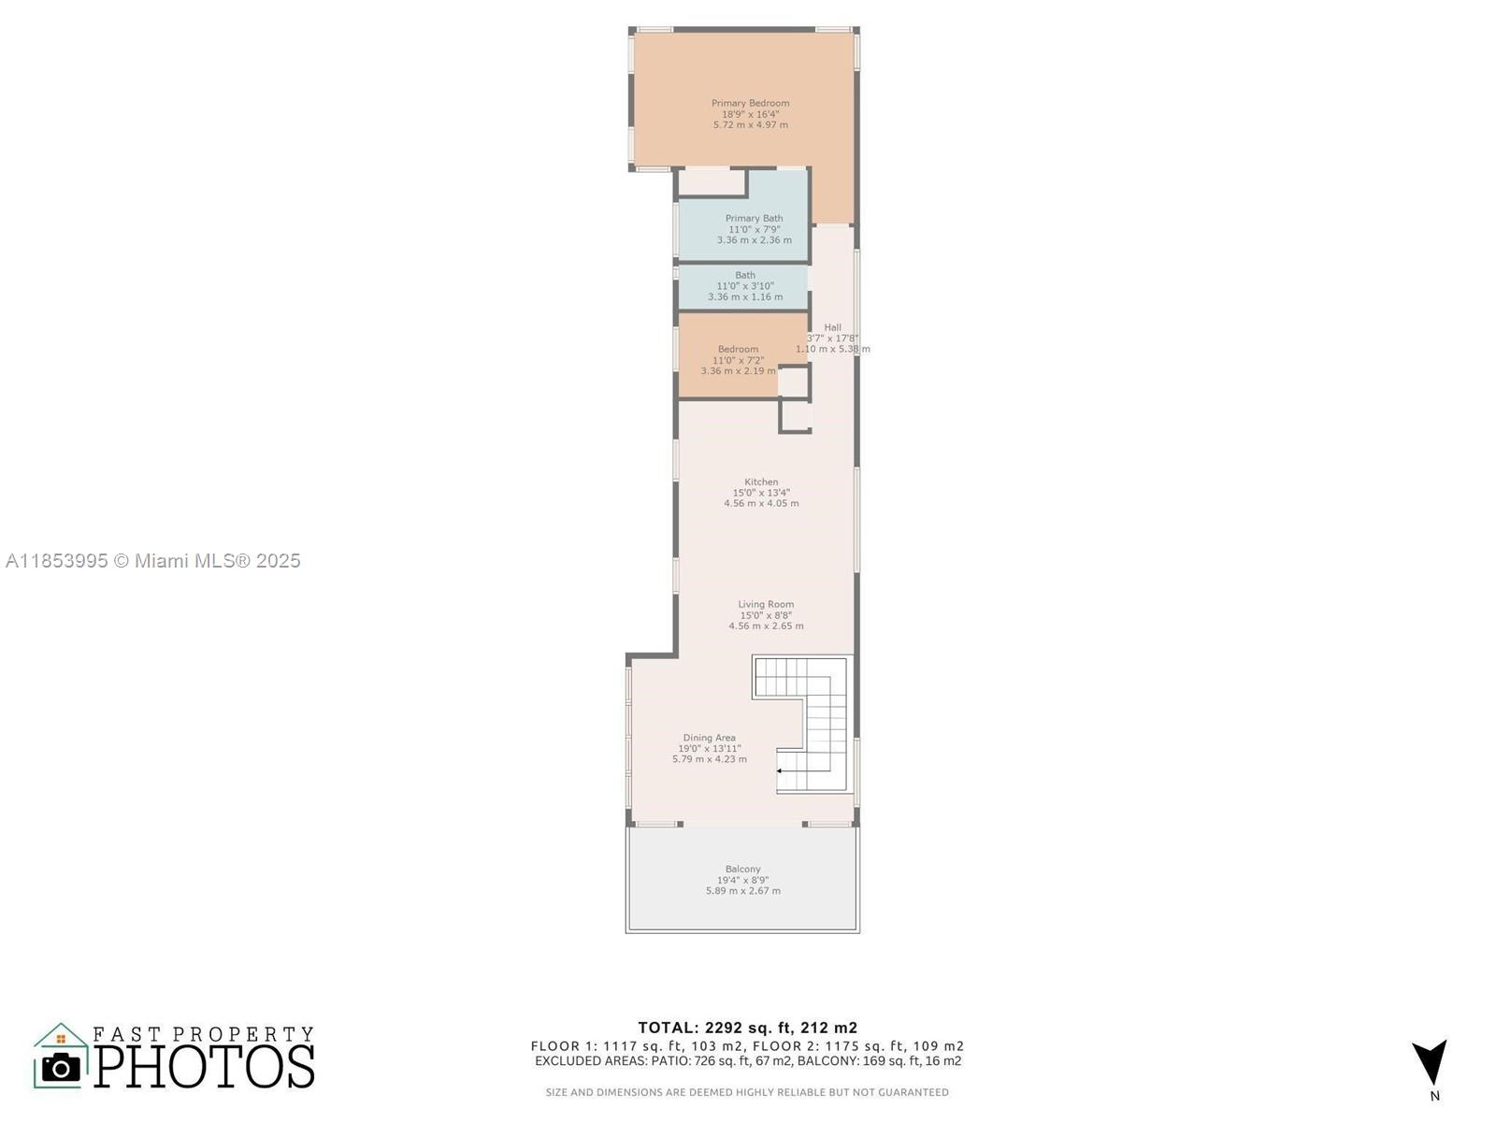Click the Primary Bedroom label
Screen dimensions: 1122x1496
tap(750, 103)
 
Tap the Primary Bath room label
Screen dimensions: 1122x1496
tap(754, 218)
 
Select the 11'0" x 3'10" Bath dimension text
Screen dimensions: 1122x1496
tap(745, 286)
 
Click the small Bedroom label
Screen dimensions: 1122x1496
tap(738, 349)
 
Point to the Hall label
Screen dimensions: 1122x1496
tap(832, 327)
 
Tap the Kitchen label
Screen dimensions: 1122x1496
tap(761, 482)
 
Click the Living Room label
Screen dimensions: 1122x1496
tap(766, 604)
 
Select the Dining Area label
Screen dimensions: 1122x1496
tap(709, 738)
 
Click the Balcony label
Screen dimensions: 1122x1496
tap(742, 869)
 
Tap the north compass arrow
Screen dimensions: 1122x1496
tap(1430, 1061)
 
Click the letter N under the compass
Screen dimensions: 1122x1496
tap(1434, 1096)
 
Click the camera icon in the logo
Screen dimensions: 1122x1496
tap(61, 1067)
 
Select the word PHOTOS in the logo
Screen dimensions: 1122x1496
tap(205, 1066)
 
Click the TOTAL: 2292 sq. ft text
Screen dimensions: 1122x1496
tap(747, 1028)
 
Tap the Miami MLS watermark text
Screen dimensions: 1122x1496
tap(152, 561)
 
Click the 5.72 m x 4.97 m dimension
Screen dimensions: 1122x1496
tap(750, 124)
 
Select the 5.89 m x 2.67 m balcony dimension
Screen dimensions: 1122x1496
tap(742, 891)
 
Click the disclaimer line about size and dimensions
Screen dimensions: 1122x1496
tap(747, 1092)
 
